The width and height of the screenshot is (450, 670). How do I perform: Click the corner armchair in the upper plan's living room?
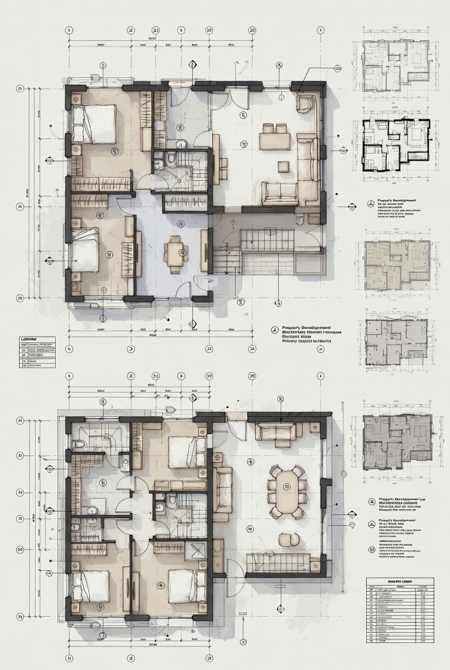306,103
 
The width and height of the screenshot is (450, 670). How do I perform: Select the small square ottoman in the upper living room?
284,166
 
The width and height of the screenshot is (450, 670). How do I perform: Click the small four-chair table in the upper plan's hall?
175,251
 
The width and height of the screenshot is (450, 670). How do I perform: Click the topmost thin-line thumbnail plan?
395,65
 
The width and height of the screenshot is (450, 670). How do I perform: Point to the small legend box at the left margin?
37,352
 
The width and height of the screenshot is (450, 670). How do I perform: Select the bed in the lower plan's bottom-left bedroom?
90,586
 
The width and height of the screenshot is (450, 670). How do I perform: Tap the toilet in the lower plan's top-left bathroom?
79,445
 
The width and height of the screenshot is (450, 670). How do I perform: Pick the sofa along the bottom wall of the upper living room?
280,193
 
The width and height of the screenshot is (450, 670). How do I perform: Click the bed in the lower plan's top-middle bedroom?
187,452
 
